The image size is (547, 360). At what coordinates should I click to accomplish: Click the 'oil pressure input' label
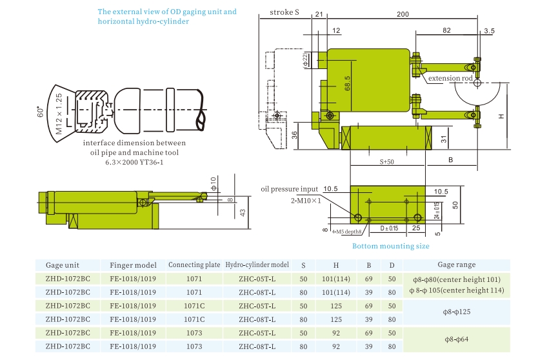[290, 189]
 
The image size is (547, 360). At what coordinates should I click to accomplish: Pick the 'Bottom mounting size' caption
[390, 246]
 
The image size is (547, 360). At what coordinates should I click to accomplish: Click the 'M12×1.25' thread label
[59, 113]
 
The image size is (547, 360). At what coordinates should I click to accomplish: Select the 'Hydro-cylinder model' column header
[256, 265]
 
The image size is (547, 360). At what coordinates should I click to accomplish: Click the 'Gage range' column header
[456, 265]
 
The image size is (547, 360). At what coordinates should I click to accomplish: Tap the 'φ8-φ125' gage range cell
[456, 312]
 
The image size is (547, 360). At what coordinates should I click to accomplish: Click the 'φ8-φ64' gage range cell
[456, 339]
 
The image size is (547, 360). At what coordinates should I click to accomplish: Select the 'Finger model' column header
[133, 265]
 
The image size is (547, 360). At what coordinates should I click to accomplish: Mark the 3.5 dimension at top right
[488, 31]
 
